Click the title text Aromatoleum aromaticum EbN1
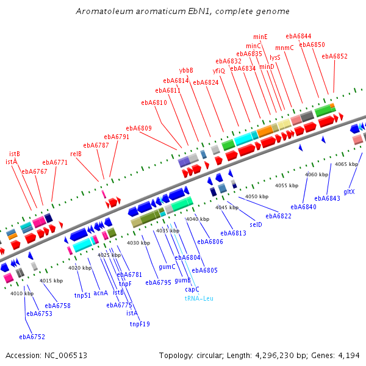coord(182,11)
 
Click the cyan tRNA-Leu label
coord(199,298)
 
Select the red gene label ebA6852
coord(334,56)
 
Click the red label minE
coord(260,37)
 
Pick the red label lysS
coord(275,57)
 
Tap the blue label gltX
coord(349,192)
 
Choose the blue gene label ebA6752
coord(32,336)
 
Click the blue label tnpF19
coord(140,324)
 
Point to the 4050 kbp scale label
coord(257,196)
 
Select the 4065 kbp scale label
coord(346,164)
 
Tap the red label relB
coord(76,154)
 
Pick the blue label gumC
coord(167,267)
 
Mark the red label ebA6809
coord(138,128)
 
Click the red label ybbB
coord(186,70)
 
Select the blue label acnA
coord(101,292)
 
